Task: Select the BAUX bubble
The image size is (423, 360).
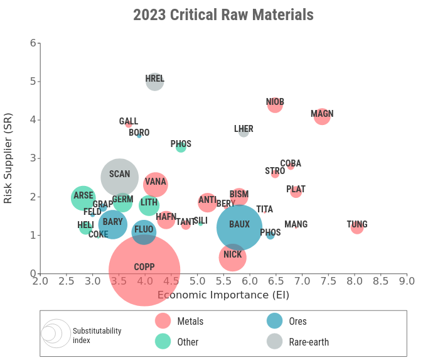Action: click(239, 227)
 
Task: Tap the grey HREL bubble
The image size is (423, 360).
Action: click(155, 81)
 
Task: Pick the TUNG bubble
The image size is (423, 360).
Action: click(357, 227)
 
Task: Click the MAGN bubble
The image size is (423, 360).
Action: click(322, 116)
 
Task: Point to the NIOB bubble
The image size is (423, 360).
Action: click(275, 105)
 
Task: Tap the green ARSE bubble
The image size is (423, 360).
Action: click(82, 198)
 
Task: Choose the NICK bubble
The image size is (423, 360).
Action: click(233, 257)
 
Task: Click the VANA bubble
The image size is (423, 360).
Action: click(155, 184)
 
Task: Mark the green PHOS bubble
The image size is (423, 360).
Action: click(181, 147)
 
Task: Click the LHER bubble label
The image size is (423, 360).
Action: click(244, 129)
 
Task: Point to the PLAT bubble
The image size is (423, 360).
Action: click(296, 191)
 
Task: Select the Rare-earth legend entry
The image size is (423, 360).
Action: click(308, 342)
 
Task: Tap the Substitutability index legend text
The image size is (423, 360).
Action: click(97, 335)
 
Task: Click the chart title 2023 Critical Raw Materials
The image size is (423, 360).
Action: click(223, 14)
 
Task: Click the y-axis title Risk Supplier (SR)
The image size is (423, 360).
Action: click(8, 157)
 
